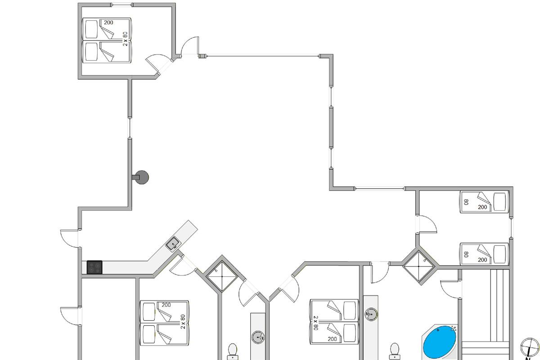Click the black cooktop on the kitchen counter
tap(94, 267)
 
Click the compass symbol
tap(530, 347)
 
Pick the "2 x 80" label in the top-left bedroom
tap(126, 38)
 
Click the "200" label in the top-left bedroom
tap(108, 22)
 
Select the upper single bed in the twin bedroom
tap(484, 201)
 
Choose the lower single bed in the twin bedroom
tap(484, 254)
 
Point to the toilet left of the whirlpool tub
tap(395, 350)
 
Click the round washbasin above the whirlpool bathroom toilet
tap(371, 314)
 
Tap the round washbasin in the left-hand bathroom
tap(258, 337)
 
